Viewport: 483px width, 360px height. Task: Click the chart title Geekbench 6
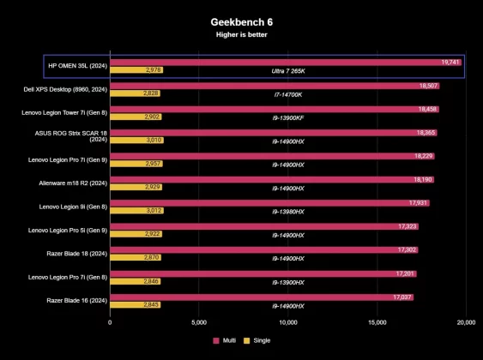tap(241, 21)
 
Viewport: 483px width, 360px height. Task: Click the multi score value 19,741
tap(450, 63)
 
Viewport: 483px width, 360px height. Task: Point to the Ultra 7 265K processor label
tap(287, 70)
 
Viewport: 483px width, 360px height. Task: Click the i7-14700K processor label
tap(287, 93)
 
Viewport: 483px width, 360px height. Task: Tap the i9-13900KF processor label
tap(287, 117)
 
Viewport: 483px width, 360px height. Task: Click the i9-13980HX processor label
tap(287, 211)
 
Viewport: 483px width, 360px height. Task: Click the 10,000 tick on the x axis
tap(288, 323)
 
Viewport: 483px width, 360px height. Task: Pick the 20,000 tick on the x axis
tap(467, 323)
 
